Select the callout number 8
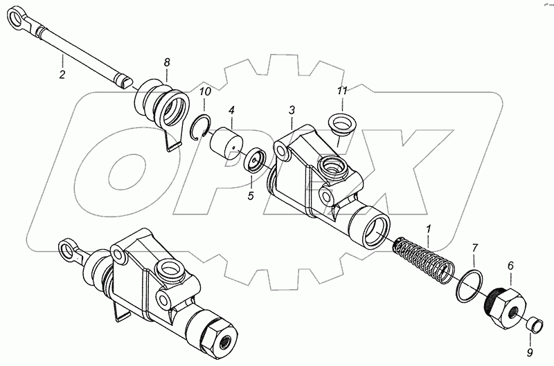click(166, 62)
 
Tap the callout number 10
click(205, 92)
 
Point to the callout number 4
click(231, 109)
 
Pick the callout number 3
click(292, 110)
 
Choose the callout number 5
click(251, 196)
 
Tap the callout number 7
click(475, 248)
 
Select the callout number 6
click(510, 265)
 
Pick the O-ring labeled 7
click(472, 285)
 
